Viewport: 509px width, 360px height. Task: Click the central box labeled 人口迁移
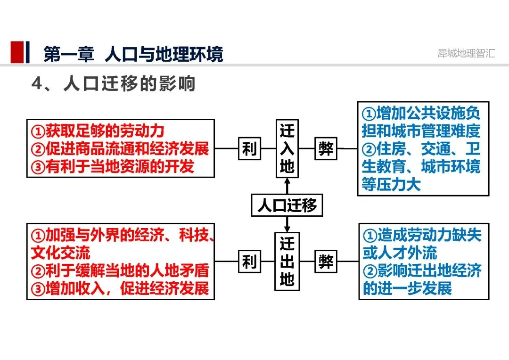coord(287,205)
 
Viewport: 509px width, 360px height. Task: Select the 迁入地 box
coord(287,148)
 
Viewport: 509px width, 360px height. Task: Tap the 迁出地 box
coord(287,262)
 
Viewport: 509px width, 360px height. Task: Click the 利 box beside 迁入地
coord(249,148)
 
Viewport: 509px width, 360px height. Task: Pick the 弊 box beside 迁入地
coord(326,148)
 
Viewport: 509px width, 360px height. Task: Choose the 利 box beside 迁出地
coord(249,261)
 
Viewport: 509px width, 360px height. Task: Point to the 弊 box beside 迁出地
coord(326,261)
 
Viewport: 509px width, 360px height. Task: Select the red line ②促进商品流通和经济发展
coord(120,149)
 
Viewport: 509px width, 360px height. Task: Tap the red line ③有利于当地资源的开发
coord(113,166)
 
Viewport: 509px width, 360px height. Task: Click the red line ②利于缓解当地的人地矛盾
coord(120,270)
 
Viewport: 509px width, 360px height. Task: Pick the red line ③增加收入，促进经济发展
coord(120,288)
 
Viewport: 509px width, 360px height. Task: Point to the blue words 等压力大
coord(391,184)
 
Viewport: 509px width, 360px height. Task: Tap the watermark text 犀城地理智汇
coord(466,53)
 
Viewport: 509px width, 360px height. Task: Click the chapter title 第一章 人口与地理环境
coord(133,54)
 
